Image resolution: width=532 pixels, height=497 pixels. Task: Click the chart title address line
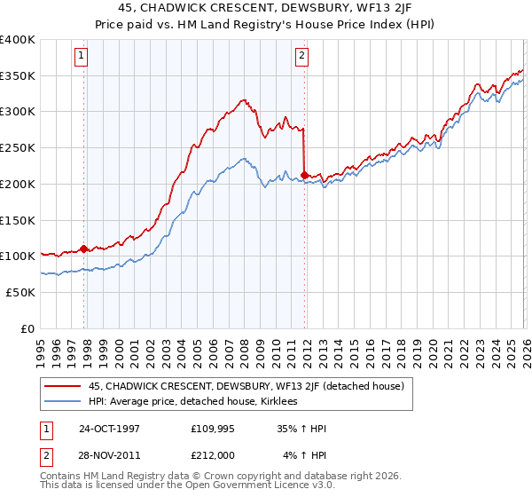[266, 8]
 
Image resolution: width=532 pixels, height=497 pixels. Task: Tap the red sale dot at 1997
[84, 248]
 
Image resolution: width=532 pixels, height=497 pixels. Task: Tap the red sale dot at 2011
[304, 175]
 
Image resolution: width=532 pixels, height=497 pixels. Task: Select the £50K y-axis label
[20, 292]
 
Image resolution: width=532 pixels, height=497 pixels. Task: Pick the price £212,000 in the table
[214, 455]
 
